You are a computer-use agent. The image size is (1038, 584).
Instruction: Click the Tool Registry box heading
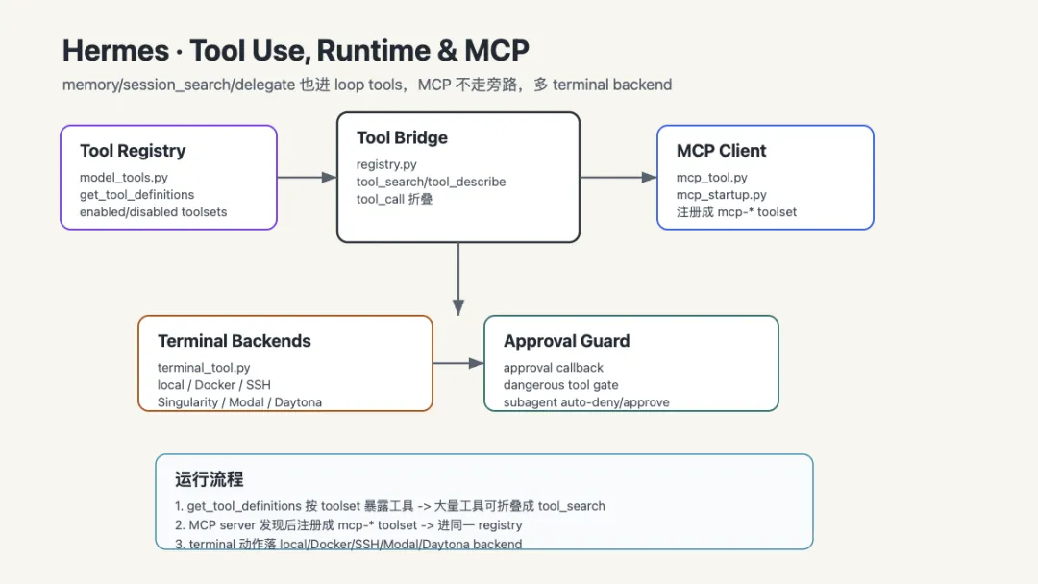[x=133, y=151]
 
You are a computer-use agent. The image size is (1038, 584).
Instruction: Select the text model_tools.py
[x=124, y=178]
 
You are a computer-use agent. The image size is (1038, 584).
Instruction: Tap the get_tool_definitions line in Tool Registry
[x=137, y=194]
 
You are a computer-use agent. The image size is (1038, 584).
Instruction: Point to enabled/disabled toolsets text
[x=153, y=211]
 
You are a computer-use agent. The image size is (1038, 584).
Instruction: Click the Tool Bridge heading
[x=402, y=137]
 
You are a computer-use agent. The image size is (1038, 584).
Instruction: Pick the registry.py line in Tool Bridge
[x=386, y=164]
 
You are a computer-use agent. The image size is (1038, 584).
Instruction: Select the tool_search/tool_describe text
[x=431, y=182]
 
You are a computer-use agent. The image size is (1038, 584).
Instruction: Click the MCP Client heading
[x=721, y=151]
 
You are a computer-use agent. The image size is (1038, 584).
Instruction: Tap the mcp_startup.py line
[x=722, y=194]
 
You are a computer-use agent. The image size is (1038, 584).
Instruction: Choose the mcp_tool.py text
[x=711, y=178]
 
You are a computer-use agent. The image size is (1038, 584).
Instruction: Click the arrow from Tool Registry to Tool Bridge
[x=308, y=178]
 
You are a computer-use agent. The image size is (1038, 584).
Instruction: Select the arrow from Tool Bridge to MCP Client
[x=618, y=178]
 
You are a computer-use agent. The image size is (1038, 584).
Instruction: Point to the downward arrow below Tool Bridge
[x=458, y=279]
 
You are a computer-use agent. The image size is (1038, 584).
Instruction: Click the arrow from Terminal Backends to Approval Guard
[x=458, y=363]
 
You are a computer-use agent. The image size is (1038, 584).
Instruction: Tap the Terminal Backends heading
[x=235, y=341]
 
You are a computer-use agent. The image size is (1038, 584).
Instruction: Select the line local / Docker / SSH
[x=213, y=385]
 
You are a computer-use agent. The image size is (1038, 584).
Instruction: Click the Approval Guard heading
[x=567, y=341]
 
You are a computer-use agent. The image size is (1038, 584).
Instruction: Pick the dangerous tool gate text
[x=560, y=385]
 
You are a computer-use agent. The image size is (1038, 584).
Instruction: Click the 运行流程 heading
[x=210, y=479]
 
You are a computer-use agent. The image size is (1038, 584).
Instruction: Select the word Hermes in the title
[x=116, y=51]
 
